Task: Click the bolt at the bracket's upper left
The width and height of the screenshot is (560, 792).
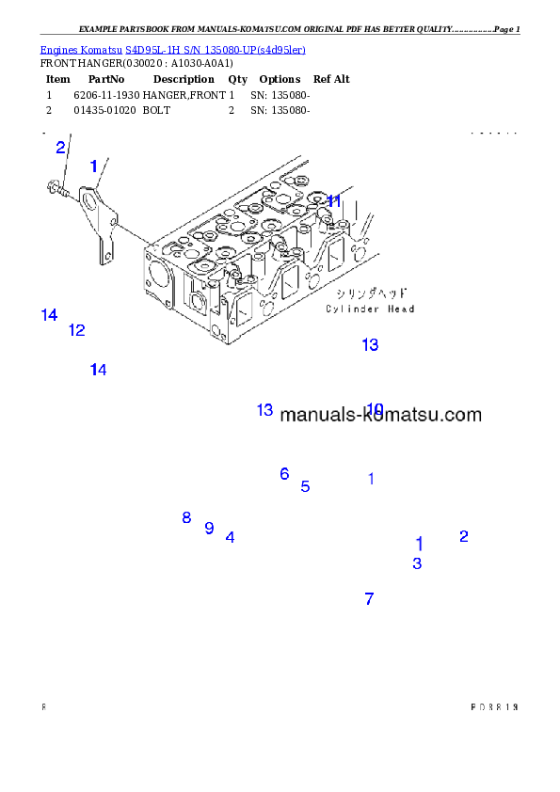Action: click(x=56, y=191)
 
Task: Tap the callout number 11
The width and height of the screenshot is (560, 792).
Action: click(x=333, y=201)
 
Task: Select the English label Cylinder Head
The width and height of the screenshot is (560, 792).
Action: click(x=370, y=309)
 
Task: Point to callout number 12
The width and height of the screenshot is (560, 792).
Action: click(x=76, y=330)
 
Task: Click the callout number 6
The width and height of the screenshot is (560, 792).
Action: click(x=284, y=474)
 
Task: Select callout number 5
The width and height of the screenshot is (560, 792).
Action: click(x=305, y=487)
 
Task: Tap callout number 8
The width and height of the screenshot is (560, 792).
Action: click(x=186, y=517)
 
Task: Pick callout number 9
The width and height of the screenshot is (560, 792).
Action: click(x=209, y=528)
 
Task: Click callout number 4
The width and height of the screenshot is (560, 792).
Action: click(x=230, y=538)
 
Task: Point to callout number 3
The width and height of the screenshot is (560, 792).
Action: click(x=417, y=564)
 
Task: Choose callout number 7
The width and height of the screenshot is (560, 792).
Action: click(x=369, y=598)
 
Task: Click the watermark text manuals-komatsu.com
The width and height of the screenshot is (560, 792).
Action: click(x=380, y=415)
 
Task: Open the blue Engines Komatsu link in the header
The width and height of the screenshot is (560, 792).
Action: click(x=172, y=49)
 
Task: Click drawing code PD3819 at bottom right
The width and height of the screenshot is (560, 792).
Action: click(x=494, y=706)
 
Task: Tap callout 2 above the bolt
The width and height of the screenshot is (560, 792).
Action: click(x=60, y=147)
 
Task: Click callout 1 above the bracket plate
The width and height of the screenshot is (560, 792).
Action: click(x=93, y=166)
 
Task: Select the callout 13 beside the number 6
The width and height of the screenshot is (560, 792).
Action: click(x=264, y=410)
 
